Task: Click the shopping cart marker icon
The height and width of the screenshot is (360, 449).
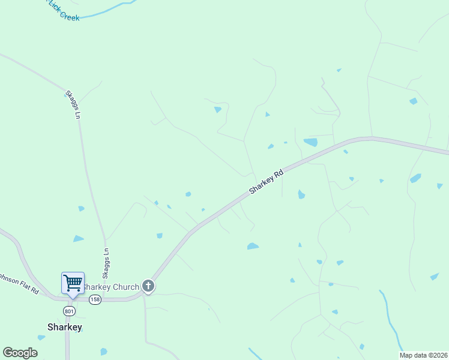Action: (73, 283)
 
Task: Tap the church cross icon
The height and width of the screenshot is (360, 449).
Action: (149, 287)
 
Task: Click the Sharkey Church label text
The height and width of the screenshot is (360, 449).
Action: (112, 287)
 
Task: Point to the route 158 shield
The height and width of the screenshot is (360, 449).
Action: (95, 299)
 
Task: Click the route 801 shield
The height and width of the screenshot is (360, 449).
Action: (68, 310)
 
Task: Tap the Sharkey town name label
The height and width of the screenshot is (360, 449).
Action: (65, 327)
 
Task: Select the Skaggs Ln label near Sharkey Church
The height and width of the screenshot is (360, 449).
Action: (106, 263)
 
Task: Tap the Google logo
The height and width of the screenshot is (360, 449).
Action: (20, 353)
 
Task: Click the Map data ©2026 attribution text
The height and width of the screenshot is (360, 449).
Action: (423, 355)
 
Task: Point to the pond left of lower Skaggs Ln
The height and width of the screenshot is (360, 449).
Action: (78, 239)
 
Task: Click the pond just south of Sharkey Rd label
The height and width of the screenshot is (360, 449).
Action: (301, 194)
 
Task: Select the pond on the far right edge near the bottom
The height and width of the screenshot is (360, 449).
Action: (434, 277)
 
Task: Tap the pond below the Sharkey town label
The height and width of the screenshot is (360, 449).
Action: (104, 352)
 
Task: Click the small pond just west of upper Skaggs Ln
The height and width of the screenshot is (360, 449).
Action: (81, 208)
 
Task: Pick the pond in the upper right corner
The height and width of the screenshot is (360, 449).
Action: (413, 101)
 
